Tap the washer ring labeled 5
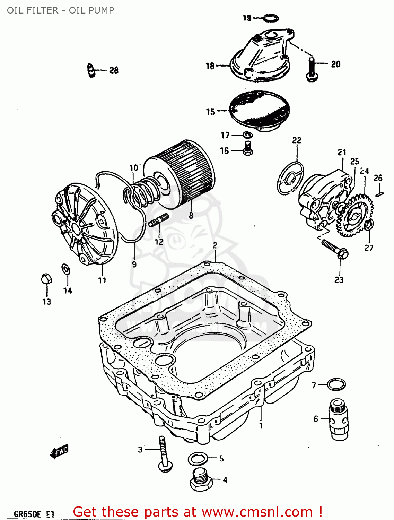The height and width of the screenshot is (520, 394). (198, 459)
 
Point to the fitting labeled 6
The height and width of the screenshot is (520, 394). (339, 419)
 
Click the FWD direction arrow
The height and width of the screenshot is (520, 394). (59, 451)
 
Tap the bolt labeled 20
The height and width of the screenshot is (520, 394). (312, 69)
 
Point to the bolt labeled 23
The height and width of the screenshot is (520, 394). (334, 249)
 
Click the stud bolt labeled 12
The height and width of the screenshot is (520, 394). (159, 220)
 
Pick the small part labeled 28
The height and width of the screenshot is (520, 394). (91, 70)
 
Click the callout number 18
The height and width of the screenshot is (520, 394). (210, 66)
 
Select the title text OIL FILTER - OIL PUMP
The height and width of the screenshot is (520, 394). (60, 10)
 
